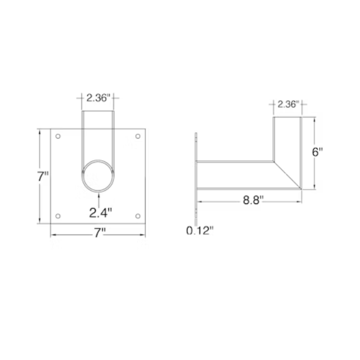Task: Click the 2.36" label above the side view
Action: (x=287, y=104)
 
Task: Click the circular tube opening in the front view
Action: (x=98, y=175)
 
